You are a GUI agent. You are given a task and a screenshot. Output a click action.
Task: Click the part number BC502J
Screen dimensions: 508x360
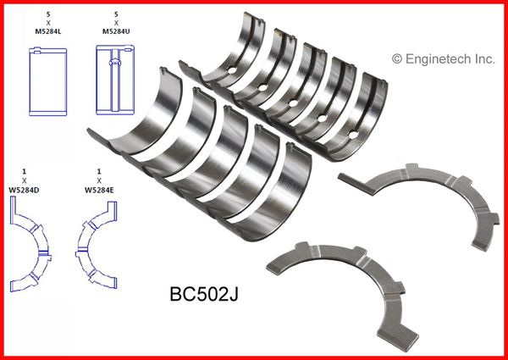(204, 295)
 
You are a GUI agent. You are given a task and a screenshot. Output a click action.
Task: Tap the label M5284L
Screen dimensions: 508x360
(48, 31)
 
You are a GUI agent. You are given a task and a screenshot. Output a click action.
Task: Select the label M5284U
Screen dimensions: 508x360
(116, 31)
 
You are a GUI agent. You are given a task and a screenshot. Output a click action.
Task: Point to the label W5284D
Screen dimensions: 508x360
(24, 191)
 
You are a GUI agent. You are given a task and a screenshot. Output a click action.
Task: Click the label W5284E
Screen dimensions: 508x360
(99, 191)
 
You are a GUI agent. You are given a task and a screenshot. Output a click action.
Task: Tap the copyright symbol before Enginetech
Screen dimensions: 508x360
(397, 59)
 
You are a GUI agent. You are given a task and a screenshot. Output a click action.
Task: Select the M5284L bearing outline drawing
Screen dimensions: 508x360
(48, 81)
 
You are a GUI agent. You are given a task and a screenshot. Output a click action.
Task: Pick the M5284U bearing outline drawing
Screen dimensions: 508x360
(115, 80)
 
